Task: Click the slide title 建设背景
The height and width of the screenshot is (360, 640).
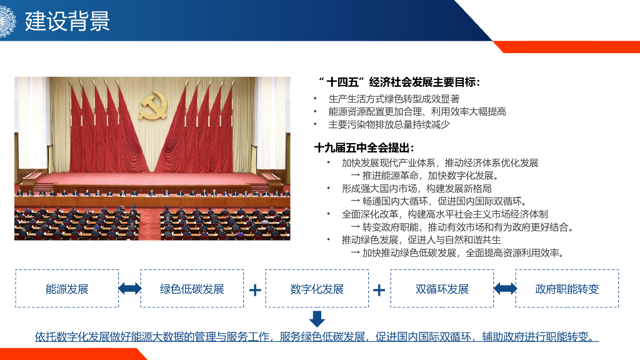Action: point(67,21)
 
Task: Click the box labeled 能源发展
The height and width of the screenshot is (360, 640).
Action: point(67,289)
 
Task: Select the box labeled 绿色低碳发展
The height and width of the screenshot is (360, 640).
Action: point(192,289)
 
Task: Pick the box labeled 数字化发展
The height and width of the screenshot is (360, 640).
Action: point(317,289)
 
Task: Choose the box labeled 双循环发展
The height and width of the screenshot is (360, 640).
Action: point(442,289)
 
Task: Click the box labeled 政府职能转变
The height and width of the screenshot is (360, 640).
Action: point(567,289)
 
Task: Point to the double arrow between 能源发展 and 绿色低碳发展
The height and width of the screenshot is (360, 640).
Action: point(130,289)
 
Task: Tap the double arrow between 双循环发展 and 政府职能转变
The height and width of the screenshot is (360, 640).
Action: point(505,289)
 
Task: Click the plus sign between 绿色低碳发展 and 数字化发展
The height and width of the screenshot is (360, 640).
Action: point(255,290)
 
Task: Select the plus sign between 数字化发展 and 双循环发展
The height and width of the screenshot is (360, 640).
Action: point(379,290)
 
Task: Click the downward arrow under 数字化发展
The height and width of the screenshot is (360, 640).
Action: point(317,319)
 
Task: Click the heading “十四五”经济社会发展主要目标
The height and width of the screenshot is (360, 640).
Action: point(399,82)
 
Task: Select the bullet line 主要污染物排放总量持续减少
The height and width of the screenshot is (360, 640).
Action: point(389,124)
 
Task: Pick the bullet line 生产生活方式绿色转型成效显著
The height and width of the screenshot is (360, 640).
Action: point(394,99)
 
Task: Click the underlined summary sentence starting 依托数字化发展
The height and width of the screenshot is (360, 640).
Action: point(316,337)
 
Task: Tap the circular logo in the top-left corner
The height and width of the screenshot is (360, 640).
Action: point(6,21)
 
